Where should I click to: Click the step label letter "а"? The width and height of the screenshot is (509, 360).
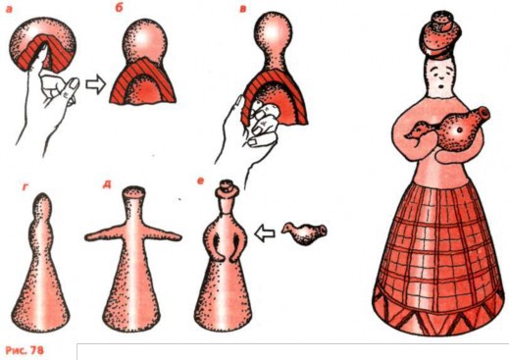[x=11, y=8]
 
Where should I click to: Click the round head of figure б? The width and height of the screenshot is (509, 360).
[x=146, y=38]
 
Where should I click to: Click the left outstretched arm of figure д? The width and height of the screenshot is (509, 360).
[x=104, y=235]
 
